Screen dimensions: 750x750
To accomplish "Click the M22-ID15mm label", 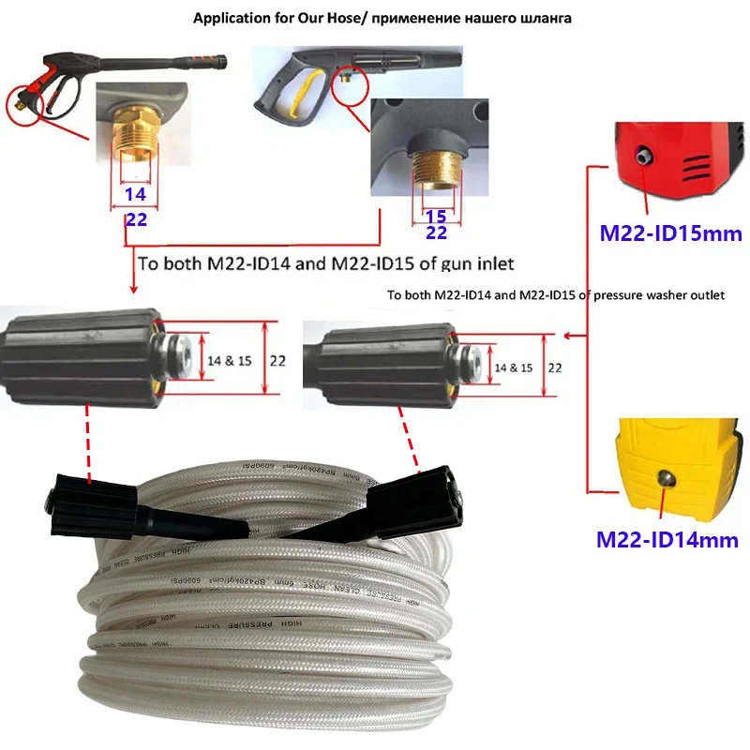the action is pyautogui.click(x=664, y=232).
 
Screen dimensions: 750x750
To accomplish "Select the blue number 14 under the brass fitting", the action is pyautogui.click(x=136, y=196).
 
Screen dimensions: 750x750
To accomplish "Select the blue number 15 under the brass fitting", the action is pyautogui.click(x=436, y=215).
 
